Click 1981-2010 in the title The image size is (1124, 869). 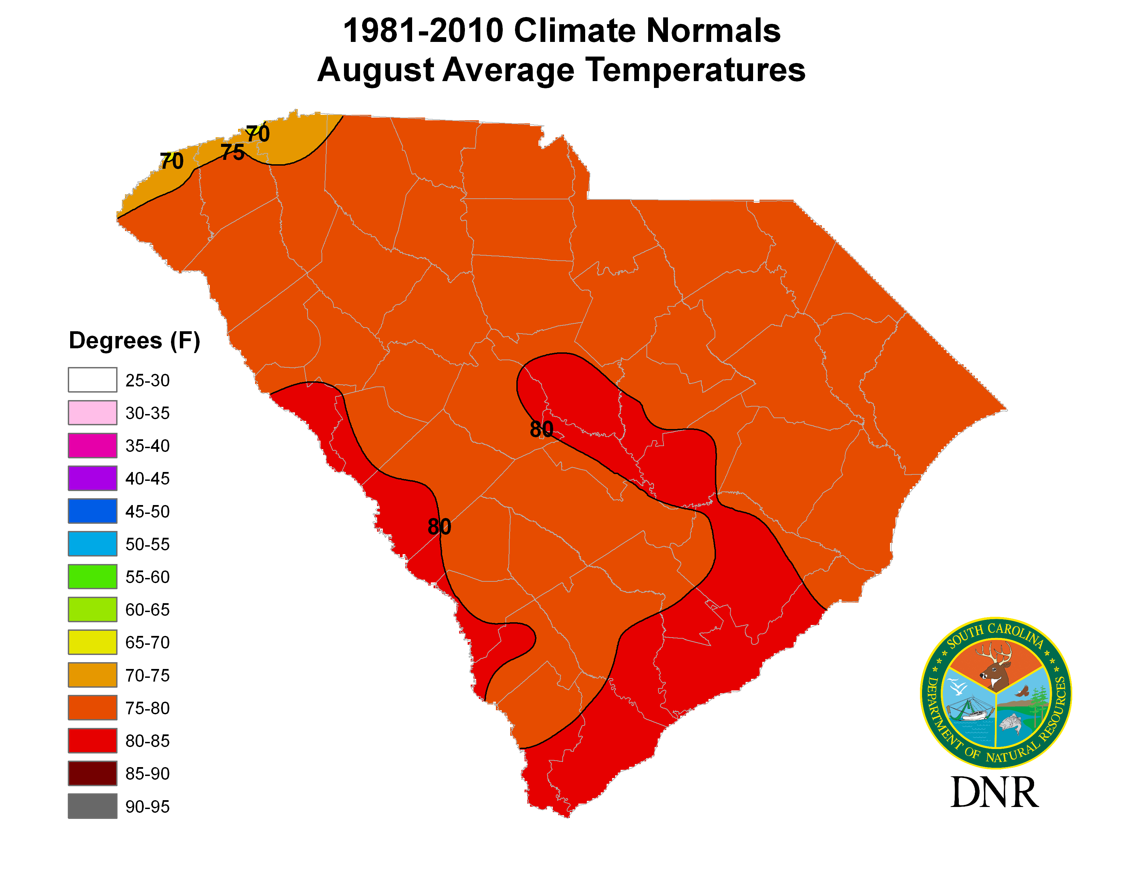(423, 31)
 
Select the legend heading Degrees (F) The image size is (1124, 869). (134, 341)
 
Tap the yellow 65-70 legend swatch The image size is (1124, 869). (93, 642)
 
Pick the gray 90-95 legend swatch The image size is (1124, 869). (93, 806)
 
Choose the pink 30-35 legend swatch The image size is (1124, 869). (93, 413)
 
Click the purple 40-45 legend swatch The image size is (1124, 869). (93, 478)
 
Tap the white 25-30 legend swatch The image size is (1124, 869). (93, 380)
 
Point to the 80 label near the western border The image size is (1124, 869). (439, 527)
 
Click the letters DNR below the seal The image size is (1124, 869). (994, 793)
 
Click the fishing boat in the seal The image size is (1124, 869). (968, 713)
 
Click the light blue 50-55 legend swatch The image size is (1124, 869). (93, 544)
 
